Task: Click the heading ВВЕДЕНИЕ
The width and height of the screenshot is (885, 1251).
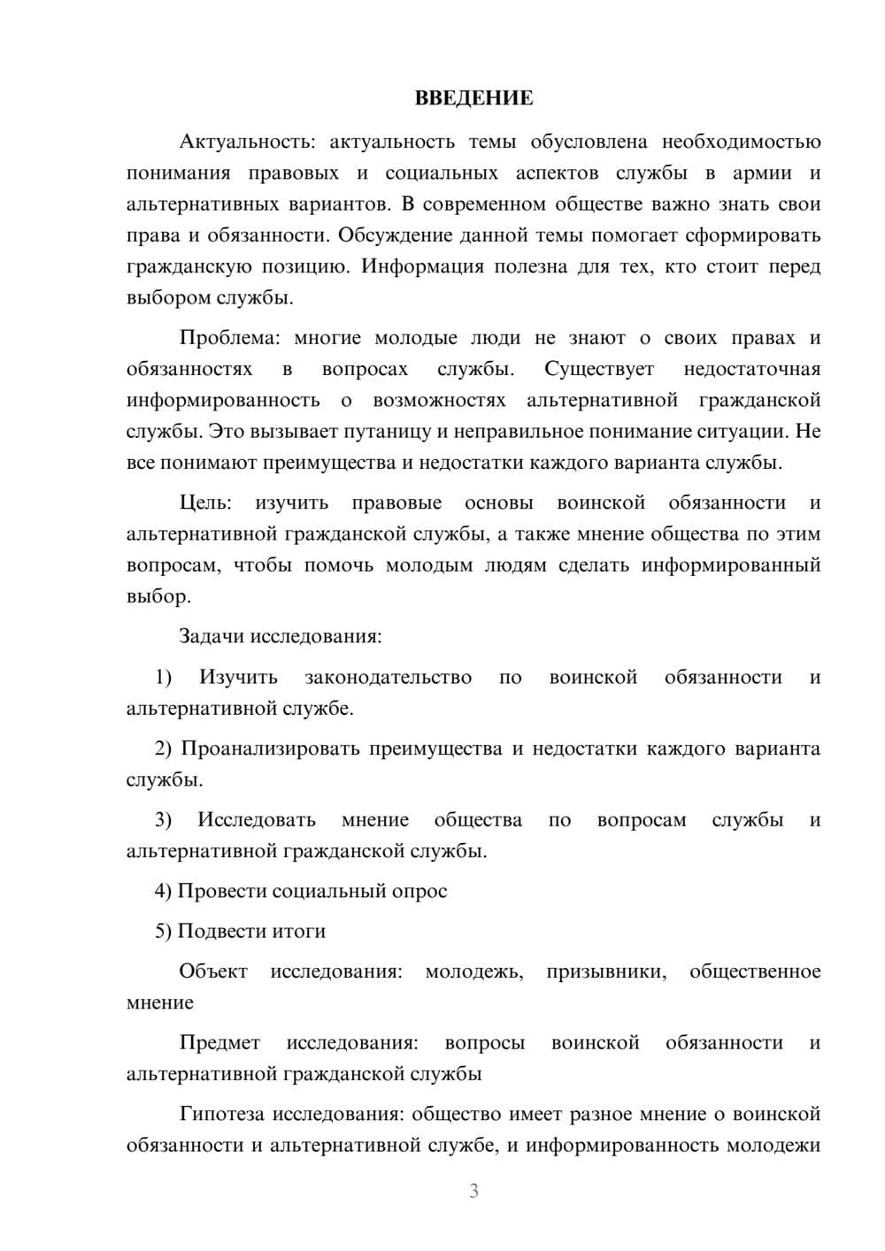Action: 473,98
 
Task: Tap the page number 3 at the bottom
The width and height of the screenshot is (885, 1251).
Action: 473,1191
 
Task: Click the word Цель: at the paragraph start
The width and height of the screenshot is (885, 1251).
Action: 205,503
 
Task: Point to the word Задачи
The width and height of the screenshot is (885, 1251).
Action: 212,636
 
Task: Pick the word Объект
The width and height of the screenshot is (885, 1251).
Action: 213,971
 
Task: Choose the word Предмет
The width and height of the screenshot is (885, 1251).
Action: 219,1042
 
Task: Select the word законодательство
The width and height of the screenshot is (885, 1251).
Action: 388,677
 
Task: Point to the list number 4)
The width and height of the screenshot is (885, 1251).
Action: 163,891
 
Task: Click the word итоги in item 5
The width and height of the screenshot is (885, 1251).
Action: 299,931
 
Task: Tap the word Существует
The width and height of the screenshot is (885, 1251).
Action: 599,369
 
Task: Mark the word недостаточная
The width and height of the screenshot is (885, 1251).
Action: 751,369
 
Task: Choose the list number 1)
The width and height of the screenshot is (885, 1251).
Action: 163,677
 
